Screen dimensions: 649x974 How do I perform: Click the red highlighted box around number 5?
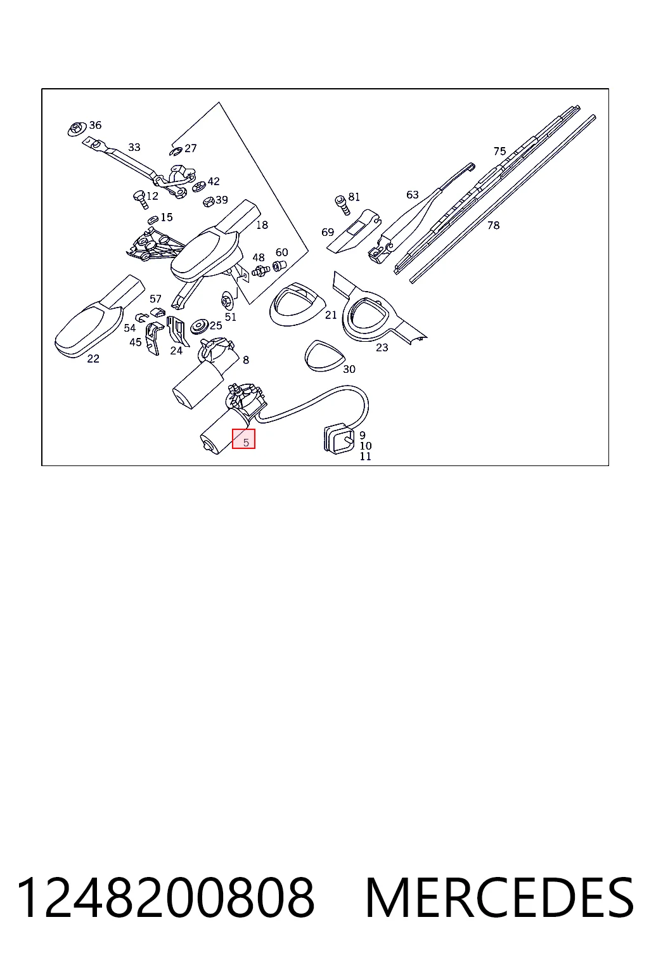[x=243, y=439]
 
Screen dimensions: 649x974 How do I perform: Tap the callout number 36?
[x=95, y=125]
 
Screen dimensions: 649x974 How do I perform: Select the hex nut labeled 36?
[x=76, y=129]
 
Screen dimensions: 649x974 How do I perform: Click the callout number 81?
[x=354, y=197]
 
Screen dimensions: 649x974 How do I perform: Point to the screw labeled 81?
[x=342, y=205]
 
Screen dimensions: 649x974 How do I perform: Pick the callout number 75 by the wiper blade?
[x=499, y=152]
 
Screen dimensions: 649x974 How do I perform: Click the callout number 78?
[x=493, y=225]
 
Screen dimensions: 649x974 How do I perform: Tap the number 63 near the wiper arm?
[x=413, y=195]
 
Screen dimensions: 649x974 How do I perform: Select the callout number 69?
[x=327, y=233]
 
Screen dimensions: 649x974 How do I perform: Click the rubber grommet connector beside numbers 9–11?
[x=339, y=439]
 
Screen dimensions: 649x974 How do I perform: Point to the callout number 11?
[x=365, y=457]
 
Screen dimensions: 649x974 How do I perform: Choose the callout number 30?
[x=349, y=369]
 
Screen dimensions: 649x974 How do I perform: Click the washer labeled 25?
[x=200, y=327]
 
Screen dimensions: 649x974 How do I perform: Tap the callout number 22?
[x=93, y=359]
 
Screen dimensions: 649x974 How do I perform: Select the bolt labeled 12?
[x=140, y=200]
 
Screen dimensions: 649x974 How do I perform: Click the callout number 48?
[x=258, y=257]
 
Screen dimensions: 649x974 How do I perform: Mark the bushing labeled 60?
[x=279, y=265]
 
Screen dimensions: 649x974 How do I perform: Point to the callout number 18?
[x=262, y=225]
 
